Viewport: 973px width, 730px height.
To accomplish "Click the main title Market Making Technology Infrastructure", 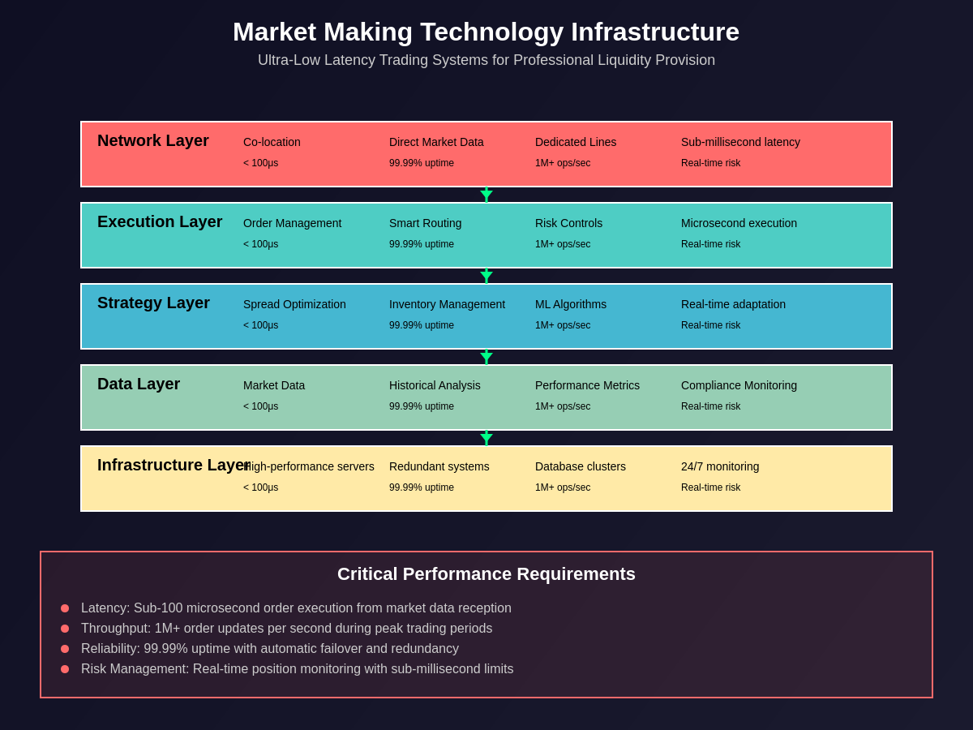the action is click(486, 32).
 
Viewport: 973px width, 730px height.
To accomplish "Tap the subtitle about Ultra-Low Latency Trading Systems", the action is click(486, 60).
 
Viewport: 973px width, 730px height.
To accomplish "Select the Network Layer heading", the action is click(153, 140).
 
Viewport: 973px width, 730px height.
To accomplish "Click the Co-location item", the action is click(272, 142).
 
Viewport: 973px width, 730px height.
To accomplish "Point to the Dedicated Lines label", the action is click(576, 142).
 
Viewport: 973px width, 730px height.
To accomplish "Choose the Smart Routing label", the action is click(425, 223).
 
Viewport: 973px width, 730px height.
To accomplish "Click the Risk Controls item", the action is click(568, 223).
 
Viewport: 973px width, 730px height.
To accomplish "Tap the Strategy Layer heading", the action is click(153, 303).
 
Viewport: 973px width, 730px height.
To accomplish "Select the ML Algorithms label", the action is click(571, 304).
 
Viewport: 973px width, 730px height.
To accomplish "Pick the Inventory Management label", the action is click(447, 304).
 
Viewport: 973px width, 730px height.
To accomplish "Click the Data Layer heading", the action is click(139, 384).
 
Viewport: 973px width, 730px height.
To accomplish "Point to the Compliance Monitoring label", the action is click(739, 385).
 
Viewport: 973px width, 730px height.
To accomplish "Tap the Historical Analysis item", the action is click(435, 385).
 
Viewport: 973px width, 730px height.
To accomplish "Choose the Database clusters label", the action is click(581, 466).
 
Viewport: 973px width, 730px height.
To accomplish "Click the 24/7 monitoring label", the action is click(720, 466).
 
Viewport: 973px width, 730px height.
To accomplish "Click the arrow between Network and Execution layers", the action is click(486, 195).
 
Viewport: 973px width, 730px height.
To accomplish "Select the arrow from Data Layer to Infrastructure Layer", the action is click(486, 438).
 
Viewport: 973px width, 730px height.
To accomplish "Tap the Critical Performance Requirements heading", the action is click(486, 574).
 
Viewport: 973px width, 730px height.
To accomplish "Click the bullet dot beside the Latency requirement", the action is click(65, 608).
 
